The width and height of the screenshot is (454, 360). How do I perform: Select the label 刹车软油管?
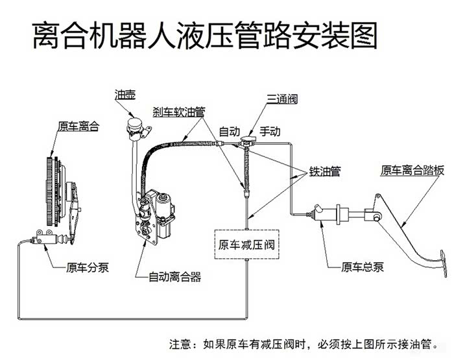(x=179, y=112)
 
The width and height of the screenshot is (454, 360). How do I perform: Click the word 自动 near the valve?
(x=230, y=131)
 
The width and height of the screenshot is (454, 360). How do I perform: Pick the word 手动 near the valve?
(x=269, y=131)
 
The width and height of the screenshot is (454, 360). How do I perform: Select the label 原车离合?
(x=78, y=126)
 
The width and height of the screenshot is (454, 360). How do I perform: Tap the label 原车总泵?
(x=363, y=266)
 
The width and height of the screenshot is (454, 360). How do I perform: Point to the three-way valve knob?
(x=247, y=139)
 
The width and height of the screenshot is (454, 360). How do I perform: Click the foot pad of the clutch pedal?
(x=442, y=262)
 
